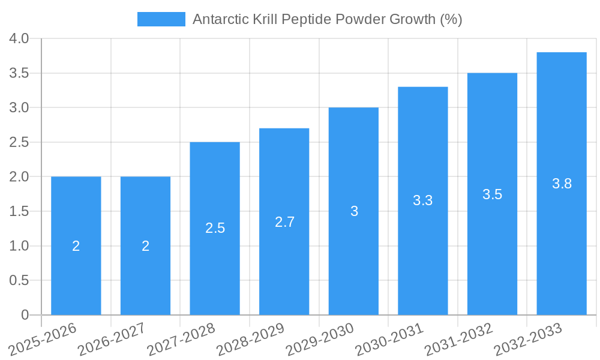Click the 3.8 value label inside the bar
coord(562,184)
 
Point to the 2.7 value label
coord(284,222)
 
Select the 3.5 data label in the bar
coord(492,194)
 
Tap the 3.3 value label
coord(423,201)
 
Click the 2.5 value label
coord(215,229)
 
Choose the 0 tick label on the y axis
coord(25,315)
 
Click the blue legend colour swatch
coord(161,19)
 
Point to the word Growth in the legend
coord(411,19)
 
